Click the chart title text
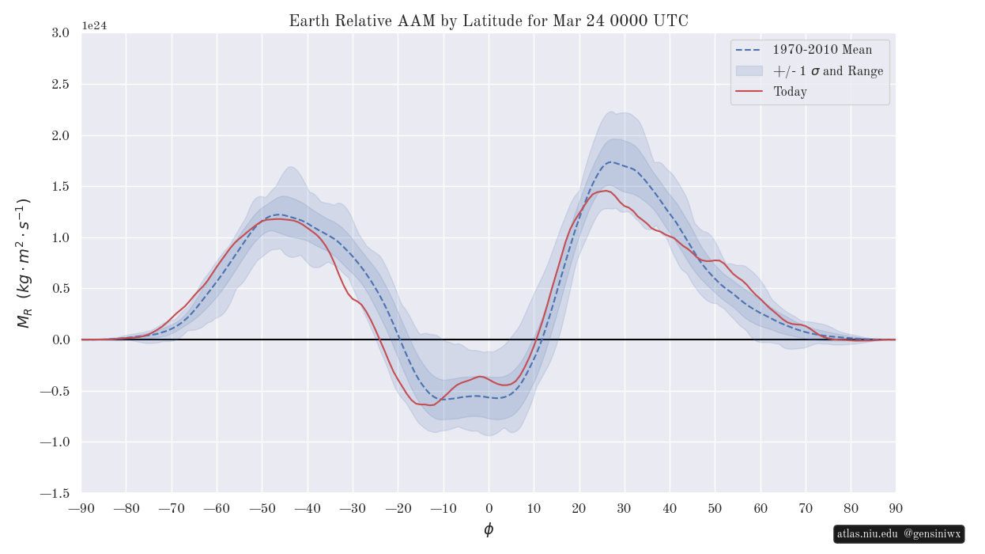pyautogui.click(x=489, y=21)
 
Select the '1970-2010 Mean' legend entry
pyautogui.click(x=822, y=50)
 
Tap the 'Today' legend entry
pyautogui.click(x=790, y=92)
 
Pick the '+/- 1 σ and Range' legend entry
pyautogui.click(x=828, y=71)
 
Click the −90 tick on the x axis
pyautogui.click(x=81, y=508)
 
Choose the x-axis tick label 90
pyautogui.click(x=896, y=508)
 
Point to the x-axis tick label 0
pyautogui.click(x=489, y=508)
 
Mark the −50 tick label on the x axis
pyautogui.click(x=262, y=508)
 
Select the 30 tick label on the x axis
pyautogui.click(x=625, y=508)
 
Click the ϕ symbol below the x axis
pyautogui.click(x=489, y=530)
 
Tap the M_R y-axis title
pyautogui.click(x=24, y=263)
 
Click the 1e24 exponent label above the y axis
pyautogui.click(x=94, y=25)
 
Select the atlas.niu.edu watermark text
pyautogui.click(x=868, y=534)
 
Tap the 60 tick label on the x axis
pyautogui.click(x=760, y=508)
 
